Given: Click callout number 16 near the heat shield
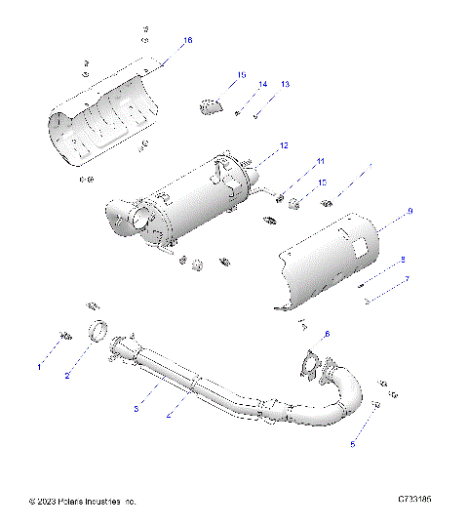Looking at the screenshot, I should [x=188, y=40].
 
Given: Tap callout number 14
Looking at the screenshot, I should [x=262, y=86].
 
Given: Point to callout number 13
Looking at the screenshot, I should [x=285, y=86].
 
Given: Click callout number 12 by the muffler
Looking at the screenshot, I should [x=284, y=144].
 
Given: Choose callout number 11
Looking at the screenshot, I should [x=319, y=161].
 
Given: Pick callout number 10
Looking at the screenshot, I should [x=323, y=182].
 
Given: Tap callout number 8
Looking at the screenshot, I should [x=401, y=260].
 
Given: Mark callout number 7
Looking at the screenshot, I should [x=407, y=279].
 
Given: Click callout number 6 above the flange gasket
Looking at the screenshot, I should [x=328, y=335].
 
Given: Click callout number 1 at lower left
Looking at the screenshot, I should [x=40, y=367].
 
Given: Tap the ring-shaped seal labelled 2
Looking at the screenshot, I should [x=98, y=334].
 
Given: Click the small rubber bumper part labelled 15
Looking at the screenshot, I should [x=211, y=105].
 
